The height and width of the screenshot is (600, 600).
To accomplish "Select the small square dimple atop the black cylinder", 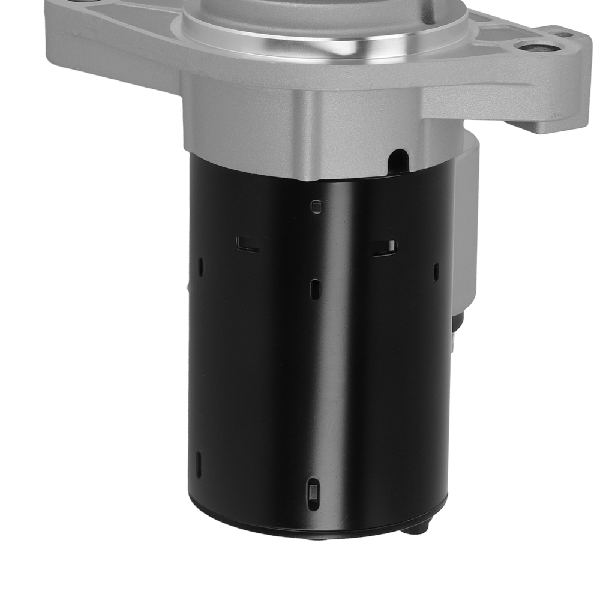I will click(x=317, y=207).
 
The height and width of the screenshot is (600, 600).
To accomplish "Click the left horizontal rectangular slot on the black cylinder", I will click(x=247, y=244).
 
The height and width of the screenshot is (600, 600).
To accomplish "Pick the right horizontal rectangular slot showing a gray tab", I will click(x=384, y=247).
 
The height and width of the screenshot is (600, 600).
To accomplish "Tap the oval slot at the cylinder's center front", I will click(x=316, y=289).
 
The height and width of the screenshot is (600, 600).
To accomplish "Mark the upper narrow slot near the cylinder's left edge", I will click(x=201, y=266).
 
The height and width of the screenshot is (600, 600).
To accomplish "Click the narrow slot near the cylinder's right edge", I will click(x=436, y=271).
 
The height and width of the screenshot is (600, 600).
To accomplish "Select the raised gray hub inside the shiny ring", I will click(x=324, y=12).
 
